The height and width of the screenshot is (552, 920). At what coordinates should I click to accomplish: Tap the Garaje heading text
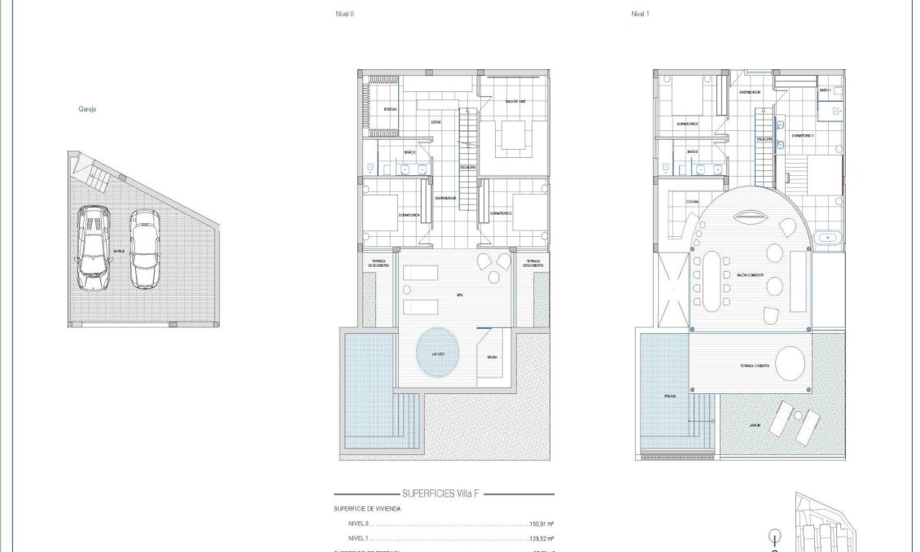point(88,108)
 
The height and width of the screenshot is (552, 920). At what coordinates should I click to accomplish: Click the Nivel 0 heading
point(345,14)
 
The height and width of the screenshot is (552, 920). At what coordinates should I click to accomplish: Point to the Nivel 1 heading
point(640,14)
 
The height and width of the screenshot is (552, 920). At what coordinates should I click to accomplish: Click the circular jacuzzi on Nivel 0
point(437,352)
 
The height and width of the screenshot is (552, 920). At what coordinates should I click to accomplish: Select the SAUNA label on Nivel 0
point(492,357)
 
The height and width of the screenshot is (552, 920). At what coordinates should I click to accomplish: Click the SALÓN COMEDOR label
point(749,275)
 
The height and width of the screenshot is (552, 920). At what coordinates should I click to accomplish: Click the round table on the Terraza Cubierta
point(790,363)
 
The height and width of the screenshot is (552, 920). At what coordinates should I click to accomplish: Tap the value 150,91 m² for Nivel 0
point(541,524)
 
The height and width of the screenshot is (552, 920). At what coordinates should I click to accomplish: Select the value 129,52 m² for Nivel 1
point(541,538)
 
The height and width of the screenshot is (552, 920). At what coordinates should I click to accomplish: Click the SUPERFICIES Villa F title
point(444,493)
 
